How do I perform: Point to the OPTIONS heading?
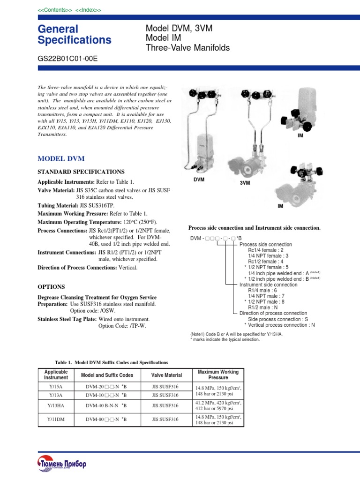pos(51,286)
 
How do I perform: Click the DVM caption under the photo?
pos(199,180)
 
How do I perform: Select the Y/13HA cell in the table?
pos(56,405)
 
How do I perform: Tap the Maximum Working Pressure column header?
pos(218,375)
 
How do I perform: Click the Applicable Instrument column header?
pos(56,375)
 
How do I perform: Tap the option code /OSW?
pos(106,311)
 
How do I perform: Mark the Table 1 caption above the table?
pos(111,362)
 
